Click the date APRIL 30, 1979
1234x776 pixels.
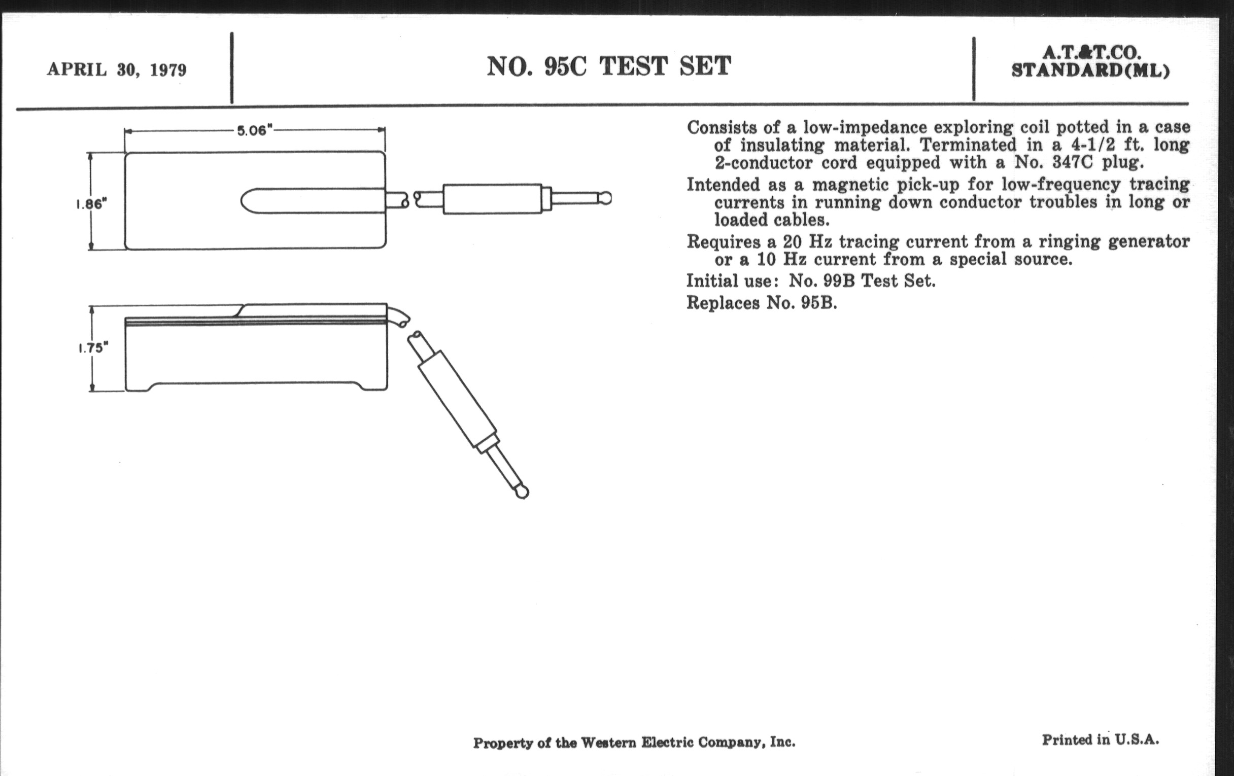pyautogui.click(x=117, y=69)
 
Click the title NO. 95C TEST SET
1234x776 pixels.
pyautogui.click(x=609, y=66)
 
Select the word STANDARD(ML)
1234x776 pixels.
pyautogui.click(x=1091, y=70)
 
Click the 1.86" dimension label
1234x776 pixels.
pyautogui.click(x=91, y=204)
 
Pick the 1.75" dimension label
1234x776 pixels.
pyautogui.click(x=93, y=348)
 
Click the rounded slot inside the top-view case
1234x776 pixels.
pyautogui.click(x=313, y=200)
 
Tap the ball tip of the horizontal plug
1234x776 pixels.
pyautogui.click(x=605, y=198)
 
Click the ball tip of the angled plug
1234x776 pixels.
pyautogui.click(x=522, y=492)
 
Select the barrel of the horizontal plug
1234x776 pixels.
pyautogui.click(x=493, y=199)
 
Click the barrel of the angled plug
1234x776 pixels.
pyautogui.click(x=458, y=399)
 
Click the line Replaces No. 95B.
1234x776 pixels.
pyautogui.click(x=762, y=303)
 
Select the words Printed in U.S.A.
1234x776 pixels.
pyautogui.click(x=1100, y=739)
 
